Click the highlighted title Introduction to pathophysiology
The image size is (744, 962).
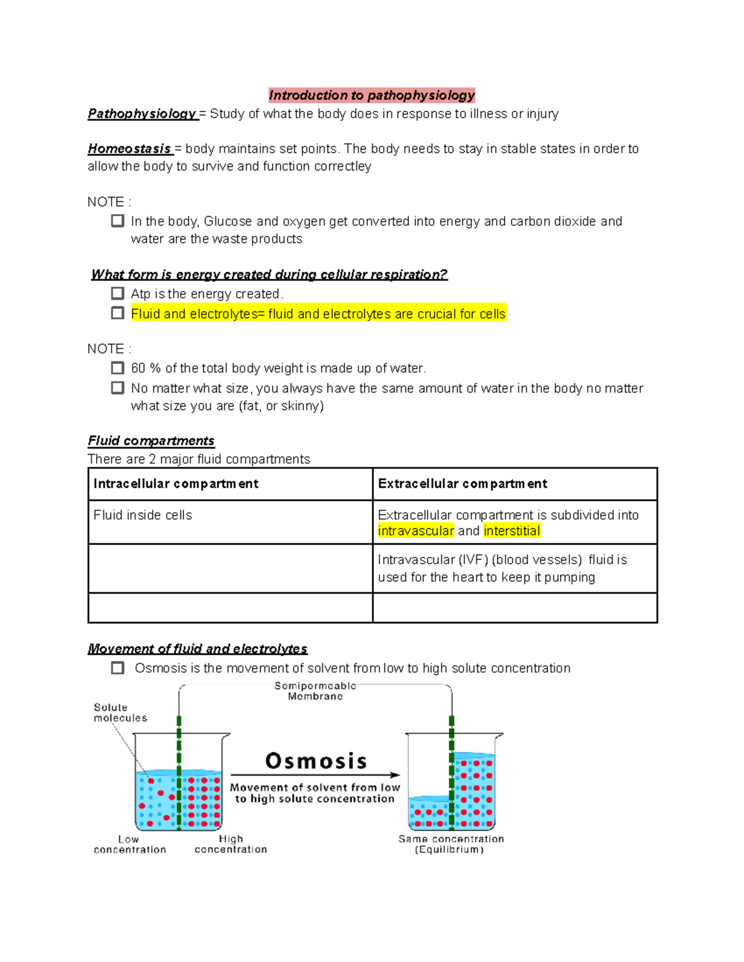pyautogui.click(x=371, y=95)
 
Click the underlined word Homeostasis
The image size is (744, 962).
pyautogui.click(x=129, y=149)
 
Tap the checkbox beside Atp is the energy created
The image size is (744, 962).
pyautogui.click(x=118, y=293)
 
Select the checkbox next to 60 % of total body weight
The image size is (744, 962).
pyautogui.click(x=118, y=368)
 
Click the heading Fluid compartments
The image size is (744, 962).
pyautogui.click(x=151, y=441)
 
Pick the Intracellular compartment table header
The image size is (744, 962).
pyautogui.click(x=175, y=484)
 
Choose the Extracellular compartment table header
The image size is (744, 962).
pyautogui.click(x=463, y=484)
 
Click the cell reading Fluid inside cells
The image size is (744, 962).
pyautogui.click(x=143, y=515)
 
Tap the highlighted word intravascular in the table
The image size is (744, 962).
pyautogui.click(x=416, y=531)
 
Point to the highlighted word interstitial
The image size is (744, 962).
pyautogui.click(x=511, y=531)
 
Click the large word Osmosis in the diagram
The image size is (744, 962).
pyautogui.click(x=316, y=761)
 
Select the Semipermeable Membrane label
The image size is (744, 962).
pyautogui.click(x=315, y=691)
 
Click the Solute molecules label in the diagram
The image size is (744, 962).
pyautogui.click(x=120, y=712)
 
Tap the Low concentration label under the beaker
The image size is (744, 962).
pyautogui.click(x=129, y=844)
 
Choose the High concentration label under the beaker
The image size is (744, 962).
pyautogui.click(x=231, y=844)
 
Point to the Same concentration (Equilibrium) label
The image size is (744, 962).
pyautogui.click(x=451, y=844)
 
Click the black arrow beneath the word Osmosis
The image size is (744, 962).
pyautogui.click(x=315, y=775)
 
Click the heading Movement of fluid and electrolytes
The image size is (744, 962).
pyautogui.click(x=197, y=649)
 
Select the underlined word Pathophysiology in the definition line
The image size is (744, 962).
pyautogui.click(x=141, y=114)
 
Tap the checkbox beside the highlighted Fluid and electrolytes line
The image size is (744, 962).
pyautogui.click(x=118, y=313)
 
